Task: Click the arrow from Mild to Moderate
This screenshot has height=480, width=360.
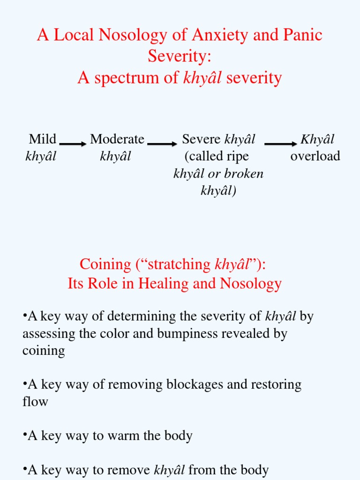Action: [73, 144]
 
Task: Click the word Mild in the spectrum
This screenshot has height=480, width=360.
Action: [42, 139]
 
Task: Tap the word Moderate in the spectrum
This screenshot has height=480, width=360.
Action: [117, 139]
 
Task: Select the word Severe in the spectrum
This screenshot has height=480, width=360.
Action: [202, 139]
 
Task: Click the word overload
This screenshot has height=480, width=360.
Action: [315, 156]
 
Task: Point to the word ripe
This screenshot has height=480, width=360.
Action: [238, 156]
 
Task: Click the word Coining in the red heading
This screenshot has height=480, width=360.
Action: [105, 264]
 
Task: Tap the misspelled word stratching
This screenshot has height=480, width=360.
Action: [180, 264]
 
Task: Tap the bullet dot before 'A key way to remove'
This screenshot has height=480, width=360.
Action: [24, 469]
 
